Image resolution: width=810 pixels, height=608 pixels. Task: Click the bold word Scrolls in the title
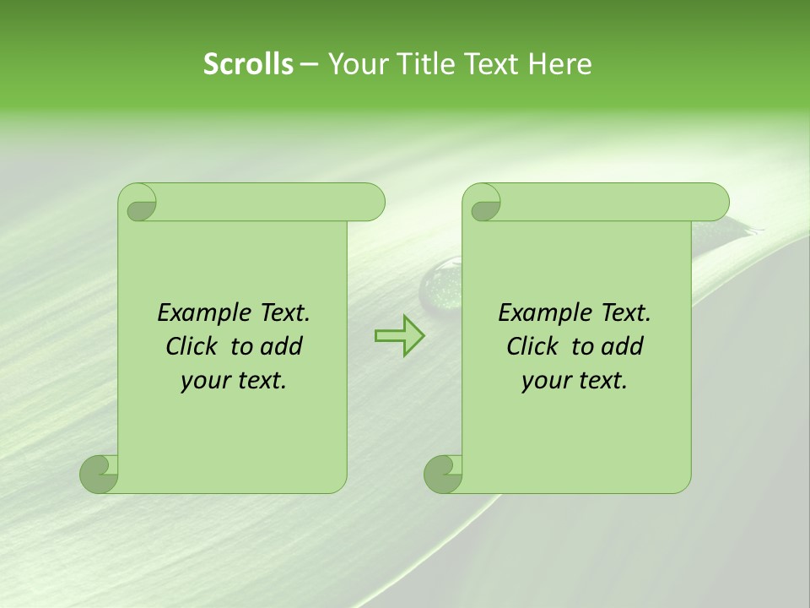coord(248,64)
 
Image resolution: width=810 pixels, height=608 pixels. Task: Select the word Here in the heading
coord(559,64)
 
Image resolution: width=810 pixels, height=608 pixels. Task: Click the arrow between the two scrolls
coord(399,335)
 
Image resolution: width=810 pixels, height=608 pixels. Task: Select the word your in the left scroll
coord(204,381)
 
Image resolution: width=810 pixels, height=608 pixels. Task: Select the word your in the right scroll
coord(545,381)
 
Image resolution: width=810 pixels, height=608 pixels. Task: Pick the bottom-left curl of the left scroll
coord(99,473)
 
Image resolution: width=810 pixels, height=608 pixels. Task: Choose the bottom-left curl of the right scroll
coord(443,473)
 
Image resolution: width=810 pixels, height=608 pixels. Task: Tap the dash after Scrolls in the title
coord(309,64)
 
